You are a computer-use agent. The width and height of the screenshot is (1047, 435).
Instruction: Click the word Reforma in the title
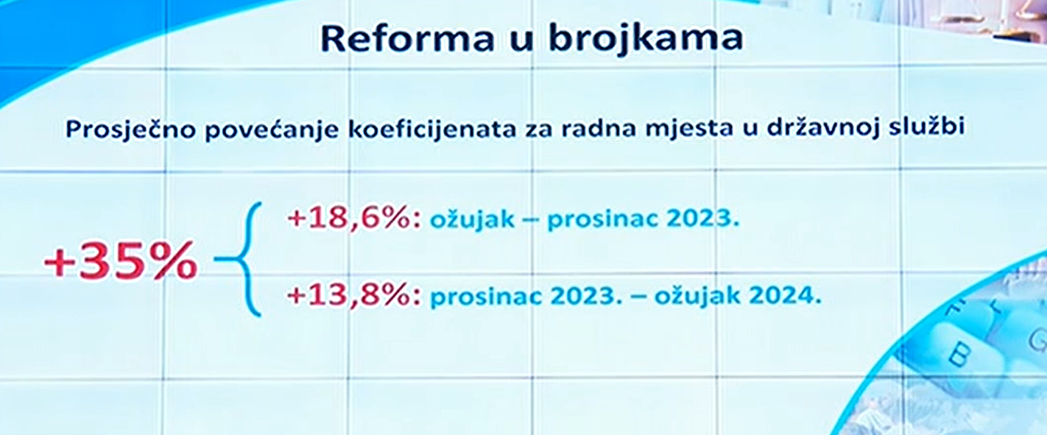pos(407,38)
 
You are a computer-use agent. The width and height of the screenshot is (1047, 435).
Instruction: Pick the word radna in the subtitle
pos(599,129)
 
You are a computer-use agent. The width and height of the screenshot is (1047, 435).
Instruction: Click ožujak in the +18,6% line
pos(472,219)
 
